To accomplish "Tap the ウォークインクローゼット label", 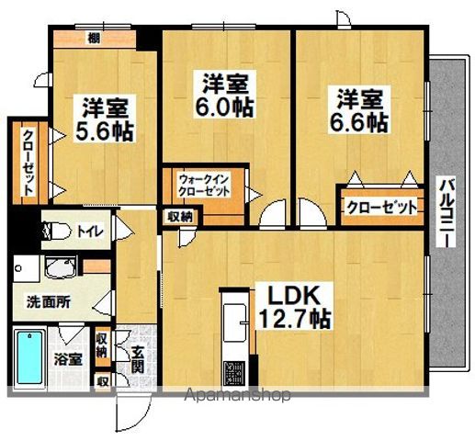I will click(205, 187).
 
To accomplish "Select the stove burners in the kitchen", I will click(233, 374).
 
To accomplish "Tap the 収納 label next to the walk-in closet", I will click(180, 217).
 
